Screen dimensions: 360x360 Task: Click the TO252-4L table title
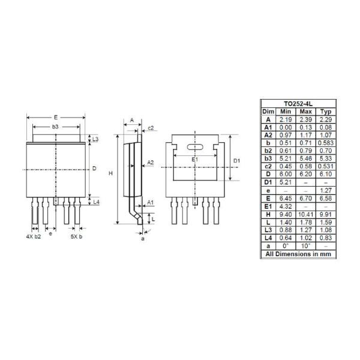pyautogui.click(x=298, y=104)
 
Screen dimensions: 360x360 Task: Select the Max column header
pyautogui.click(x=305, y=112)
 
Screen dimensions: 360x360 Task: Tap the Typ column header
pyautogui.click(x=326, y=112)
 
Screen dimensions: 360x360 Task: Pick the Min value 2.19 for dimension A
pyautogui.click(x=286, y=119)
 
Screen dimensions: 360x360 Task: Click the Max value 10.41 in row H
pyautogui.click(x=305, y=214)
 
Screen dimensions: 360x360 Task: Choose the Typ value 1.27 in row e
pyautogui.click(x=326, y=190)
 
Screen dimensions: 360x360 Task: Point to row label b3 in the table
pyautogui.click(x=268, y=158)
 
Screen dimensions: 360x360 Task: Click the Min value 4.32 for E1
pyautogui.click(x=286, y=206)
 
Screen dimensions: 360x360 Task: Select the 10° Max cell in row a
pyautogui.click(x=305, y=246)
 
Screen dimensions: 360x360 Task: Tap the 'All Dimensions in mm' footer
pyautogui.click(x=298, y=254)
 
